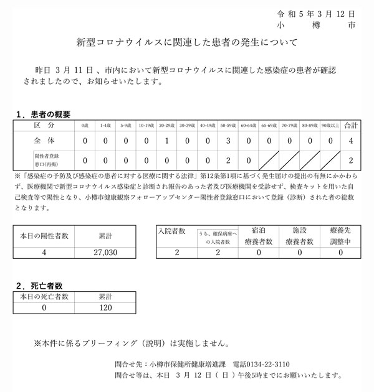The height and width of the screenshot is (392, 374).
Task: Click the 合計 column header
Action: pos(352,126)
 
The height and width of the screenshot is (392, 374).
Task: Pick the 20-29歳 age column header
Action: pos(167,126)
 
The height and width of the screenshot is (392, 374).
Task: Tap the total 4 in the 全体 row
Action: pos(352,141)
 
